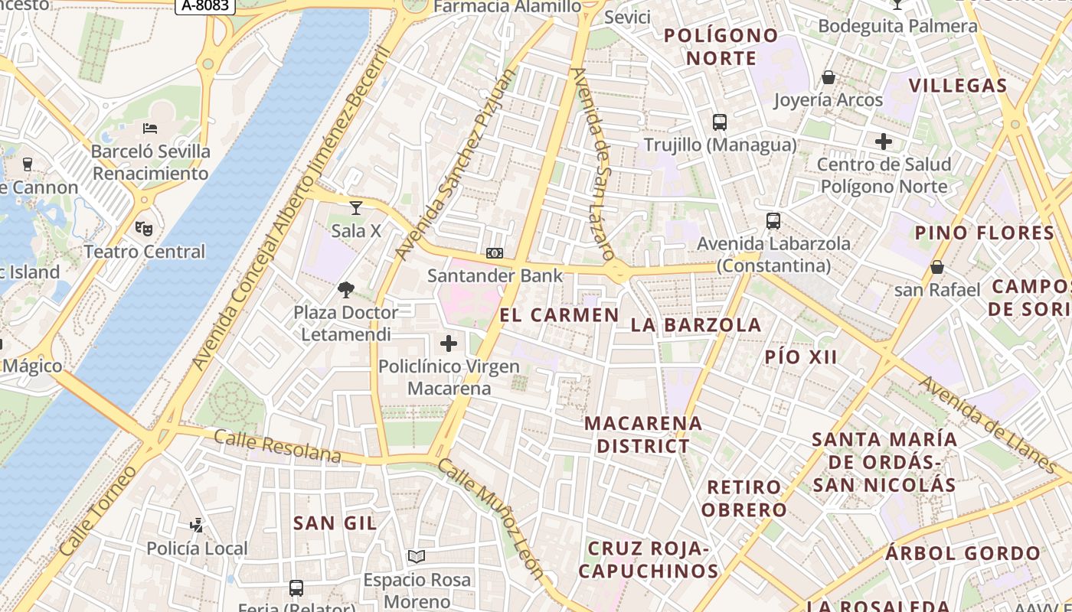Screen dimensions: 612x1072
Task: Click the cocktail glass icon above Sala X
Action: (356, 207)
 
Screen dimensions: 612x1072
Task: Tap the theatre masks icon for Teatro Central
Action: (144, 228)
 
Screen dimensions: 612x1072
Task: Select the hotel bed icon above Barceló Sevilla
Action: (150, 128)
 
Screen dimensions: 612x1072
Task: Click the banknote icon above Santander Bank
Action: (495, 252)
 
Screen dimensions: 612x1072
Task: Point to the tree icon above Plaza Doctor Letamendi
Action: (346, 289)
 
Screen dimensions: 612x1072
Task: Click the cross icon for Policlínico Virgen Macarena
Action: (449, 343)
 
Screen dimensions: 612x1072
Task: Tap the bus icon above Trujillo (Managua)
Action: (720, 122)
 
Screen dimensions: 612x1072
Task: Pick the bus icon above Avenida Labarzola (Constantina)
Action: (773, 221)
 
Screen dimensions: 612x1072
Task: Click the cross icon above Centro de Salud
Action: (884, 141)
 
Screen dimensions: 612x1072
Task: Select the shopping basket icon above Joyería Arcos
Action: (829, 77)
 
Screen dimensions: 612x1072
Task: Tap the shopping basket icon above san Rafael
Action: (937, 267)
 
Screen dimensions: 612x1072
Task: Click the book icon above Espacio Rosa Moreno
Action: (417, 556)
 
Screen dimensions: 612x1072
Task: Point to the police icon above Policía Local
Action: (197, 525)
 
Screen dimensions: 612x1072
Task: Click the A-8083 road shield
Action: (205, 6)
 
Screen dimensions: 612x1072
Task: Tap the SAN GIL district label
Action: (335, 523)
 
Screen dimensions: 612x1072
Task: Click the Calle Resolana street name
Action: (277, 446)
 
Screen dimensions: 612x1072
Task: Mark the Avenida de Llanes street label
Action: (988, 425)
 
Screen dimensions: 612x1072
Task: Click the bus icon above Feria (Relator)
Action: (296, 588)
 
